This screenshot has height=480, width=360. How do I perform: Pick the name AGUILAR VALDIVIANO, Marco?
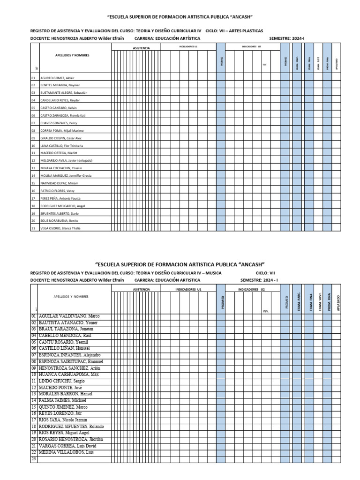click(x=72, y=316)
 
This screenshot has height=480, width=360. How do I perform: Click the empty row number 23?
click(x=33, y=459)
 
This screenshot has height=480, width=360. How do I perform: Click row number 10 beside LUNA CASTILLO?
click(x=33, y=145)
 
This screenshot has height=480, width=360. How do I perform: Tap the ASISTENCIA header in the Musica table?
click(x=142, y=290)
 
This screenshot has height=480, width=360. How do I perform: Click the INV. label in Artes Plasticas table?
click(x=264, y=65)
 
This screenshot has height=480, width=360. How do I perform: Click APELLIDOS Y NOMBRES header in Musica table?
click(x=71, y=297)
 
